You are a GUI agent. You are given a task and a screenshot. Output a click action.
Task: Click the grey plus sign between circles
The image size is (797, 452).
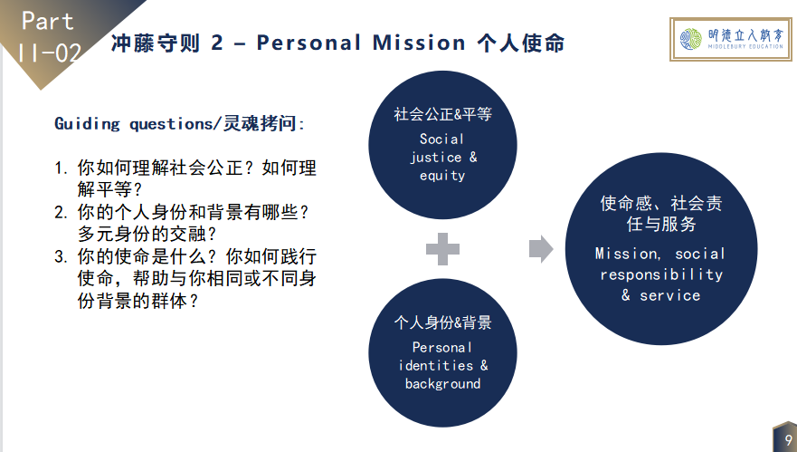pyautogui.click(x=442, y=249)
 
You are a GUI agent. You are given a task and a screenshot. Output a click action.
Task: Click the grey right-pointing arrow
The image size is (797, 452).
pyautogui.click(x=541, y=249)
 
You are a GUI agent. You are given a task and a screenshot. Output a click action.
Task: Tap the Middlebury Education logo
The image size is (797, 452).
pyautogui.click(x=731, y=39)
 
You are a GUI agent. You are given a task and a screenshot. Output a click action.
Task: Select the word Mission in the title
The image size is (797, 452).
pyautogui.click(x=419, y=43)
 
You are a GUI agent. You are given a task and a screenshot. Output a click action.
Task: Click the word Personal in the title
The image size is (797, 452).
pyautogui.click(x=308, y=43)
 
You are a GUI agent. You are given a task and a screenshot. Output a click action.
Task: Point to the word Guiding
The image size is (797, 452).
pyautogui.click(x=87, y=124)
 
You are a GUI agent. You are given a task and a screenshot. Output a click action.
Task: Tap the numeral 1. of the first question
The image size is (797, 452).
pyautogui.click(x=61, y=168)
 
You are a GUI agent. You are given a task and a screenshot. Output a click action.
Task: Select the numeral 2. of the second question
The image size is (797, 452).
pyautogui.click(x=61, y=212)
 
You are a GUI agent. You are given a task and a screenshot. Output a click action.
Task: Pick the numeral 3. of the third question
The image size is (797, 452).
pyautogui.click(x=61, y=256)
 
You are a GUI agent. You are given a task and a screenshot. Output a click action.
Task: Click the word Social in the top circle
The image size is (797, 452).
pyautogui.click(x=441, y=139)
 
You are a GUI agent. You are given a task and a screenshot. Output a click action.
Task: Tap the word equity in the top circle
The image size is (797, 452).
pyautogui.click(x=442, y=176)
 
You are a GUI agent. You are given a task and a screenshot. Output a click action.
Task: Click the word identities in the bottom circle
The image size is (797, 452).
pyautogui.click(x=436, y=365)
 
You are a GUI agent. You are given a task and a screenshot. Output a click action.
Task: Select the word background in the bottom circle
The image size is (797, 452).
pyautogui.click(x=442, y=384)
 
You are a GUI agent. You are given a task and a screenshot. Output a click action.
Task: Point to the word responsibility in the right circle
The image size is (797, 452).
pyautogui.click(x=661, y=274)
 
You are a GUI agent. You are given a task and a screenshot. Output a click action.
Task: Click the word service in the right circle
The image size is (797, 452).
pyautogui.click(x=670, y=295)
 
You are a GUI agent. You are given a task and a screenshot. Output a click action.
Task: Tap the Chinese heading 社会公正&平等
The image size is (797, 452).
pyautogui.click(x=442, y=114)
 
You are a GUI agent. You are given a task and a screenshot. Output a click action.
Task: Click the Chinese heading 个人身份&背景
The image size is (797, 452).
pyautogui.click(x=442, y=322)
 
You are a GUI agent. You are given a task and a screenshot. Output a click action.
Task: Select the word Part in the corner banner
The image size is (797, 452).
pyautogui.click(x=48, y=22)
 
